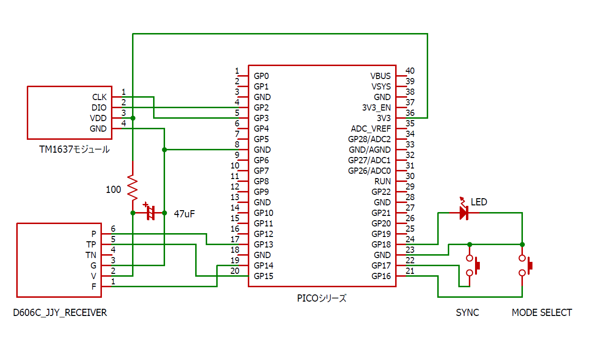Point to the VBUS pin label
380,76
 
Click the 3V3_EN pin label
377,108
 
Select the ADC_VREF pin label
371,129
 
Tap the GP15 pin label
264,276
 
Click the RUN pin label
383,181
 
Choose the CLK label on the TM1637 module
100,97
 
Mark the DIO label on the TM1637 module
99,108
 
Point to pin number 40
410,71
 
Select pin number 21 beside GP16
410,271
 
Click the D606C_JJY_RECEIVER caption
60,313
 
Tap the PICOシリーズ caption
321,298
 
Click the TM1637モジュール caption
74,149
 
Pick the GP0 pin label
261,76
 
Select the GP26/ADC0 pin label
369,171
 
